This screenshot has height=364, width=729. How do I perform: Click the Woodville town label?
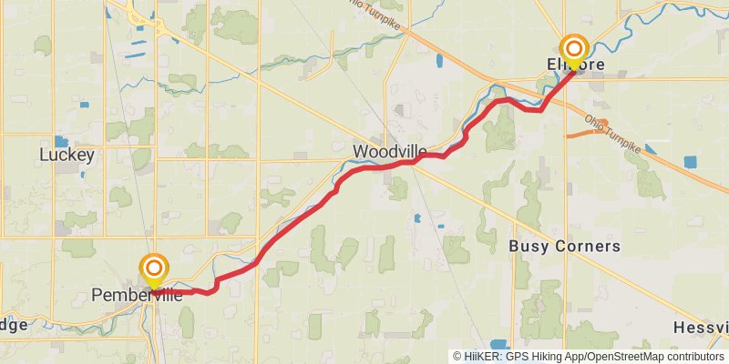point(387,150)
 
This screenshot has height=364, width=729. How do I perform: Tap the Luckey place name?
point(67,156)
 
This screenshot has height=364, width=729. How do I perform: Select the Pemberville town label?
point(137,295)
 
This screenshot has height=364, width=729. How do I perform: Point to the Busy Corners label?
point(564,247)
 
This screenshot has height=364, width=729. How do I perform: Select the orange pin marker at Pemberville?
point(155,268)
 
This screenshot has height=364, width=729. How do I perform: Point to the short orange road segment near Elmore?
point(583,134)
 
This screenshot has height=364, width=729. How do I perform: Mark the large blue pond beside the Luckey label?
point(61,141)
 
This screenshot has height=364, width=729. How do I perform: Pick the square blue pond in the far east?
point(689,163)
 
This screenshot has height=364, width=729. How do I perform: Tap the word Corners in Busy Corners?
point(590,247)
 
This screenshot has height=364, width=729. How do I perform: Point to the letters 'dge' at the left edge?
point(13,325)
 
